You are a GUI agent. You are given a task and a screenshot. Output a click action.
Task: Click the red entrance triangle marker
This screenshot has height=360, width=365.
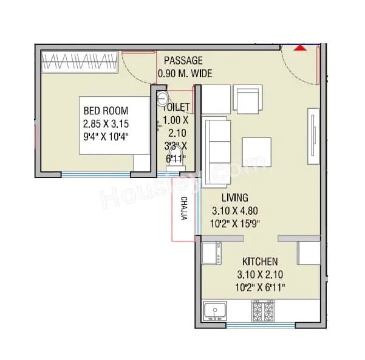click(x=299, y=48)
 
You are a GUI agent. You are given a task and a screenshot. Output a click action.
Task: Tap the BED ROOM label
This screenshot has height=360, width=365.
click(x=105, y=111)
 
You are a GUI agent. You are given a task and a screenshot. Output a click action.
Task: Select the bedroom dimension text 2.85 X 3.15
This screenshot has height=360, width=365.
click(x=106, y=123)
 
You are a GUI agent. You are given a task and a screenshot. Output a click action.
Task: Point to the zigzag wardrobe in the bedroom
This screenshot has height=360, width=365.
click(x=80, y=62)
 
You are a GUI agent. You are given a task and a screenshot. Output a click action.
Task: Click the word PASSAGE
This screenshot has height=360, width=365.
click(x=183, y=60)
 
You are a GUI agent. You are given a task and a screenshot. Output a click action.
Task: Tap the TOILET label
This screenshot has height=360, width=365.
click(x=177, y=107)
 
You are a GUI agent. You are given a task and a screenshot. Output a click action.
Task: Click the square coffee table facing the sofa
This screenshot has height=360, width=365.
click(x=257, y=150)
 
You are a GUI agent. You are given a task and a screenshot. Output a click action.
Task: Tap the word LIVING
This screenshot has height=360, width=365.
click(x=234, y=198)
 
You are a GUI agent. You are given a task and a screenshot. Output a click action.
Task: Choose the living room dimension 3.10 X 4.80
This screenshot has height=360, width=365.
click(x=234, y=211)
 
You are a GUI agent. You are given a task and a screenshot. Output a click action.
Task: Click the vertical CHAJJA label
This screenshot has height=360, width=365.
click(x=183, y=208)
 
